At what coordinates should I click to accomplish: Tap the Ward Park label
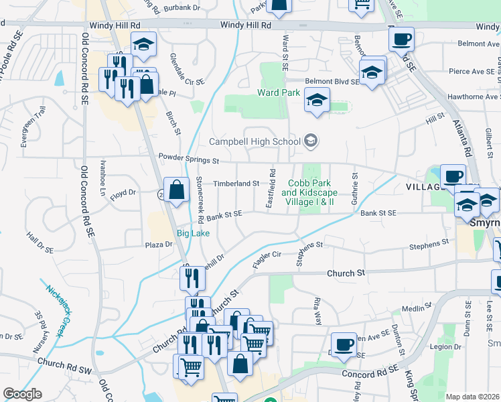coord(279,92)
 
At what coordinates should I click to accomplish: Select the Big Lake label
coord(193,232)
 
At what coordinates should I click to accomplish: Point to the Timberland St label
coord(236,183)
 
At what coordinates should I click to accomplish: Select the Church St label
coord(346,273)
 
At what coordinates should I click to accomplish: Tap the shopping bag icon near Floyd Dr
coord(175,190)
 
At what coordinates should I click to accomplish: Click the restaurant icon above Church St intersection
coord(192,278)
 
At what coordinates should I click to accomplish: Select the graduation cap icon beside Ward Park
coord(317,100)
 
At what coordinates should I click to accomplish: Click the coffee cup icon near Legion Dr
coord(344,344)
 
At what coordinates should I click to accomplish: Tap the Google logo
coord(22,394)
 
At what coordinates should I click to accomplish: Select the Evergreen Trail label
coord(32,126)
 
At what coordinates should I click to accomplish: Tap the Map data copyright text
coord(472,397)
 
